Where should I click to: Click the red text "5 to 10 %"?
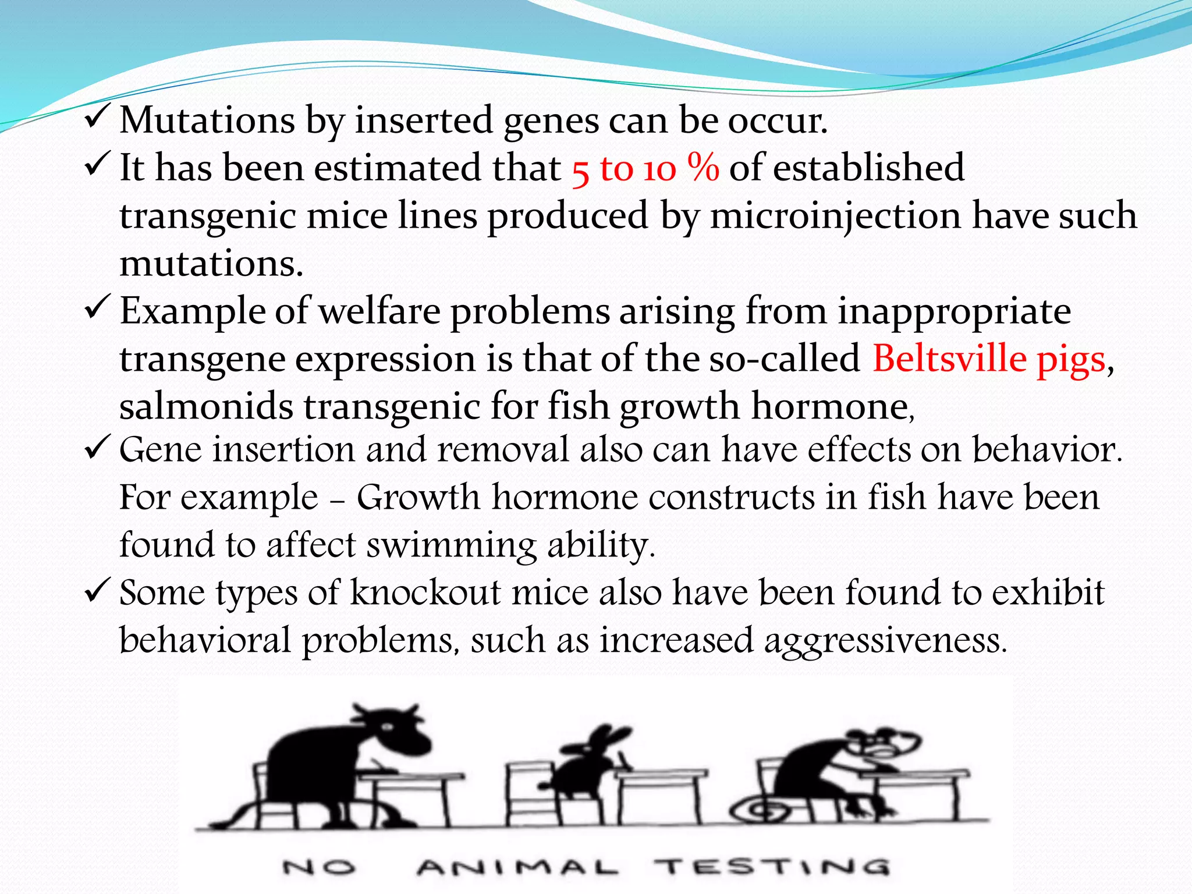tap(645, 169)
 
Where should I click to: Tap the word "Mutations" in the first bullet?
tap(207, 120)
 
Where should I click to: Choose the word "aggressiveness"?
tap(885, 640)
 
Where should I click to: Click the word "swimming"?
tap(451, 545)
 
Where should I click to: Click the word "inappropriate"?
tap(954, 311)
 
